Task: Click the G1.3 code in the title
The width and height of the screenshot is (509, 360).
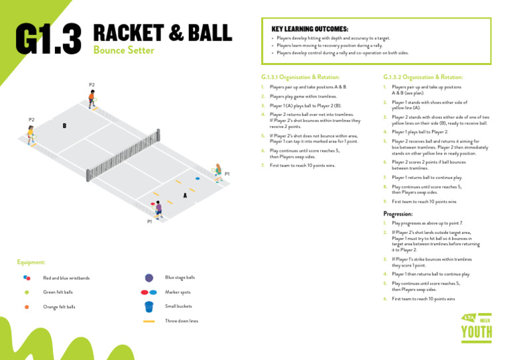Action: coord(48,39)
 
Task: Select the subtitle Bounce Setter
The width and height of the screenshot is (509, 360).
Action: coord(124,50)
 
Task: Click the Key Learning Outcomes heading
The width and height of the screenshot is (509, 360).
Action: coord(310,30)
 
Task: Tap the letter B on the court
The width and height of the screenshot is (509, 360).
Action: coord(64,125)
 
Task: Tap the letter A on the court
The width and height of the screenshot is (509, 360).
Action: coord(185,196)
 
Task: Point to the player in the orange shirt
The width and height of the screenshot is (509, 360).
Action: coord(92,98)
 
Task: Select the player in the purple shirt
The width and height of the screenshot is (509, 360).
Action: coord(158,210)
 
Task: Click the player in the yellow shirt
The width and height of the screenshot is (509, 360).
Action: coord(30,134)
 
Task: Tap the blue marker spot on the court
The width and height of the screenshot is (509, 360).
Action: coord(197,178)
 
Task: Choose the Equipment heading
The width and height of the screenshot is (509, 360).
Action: coord(31,263)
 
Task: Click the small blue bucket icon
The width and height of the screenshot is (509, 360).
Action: coord(149,307)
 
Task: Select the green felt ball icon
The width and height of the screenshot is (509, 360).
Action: coord(27,292)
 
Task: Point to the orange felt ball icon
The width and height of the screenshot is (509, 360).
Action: coord(27,307)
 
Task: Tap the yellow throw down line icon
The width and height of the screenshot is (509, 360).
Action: coord(149,321)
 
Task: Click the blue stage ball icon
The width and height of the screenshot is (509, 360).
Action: coord(149,278)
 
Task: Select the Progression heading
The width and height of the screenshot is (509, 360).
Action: coord(398,214)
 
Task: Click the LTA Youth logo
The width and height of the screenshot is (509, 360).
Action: coord(477,326)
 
